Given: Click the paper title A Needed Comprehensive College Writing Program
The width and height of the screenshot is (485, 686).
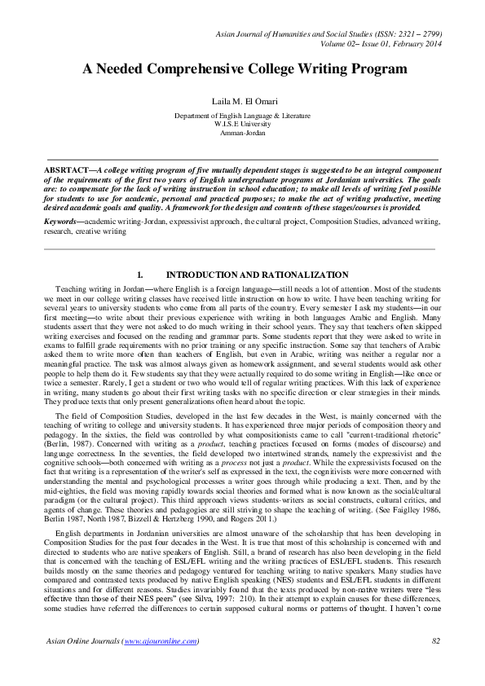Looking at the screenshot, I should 244,69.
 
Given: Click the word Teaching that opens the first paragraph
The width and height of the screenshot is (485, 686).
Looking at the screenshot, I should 71,289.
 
